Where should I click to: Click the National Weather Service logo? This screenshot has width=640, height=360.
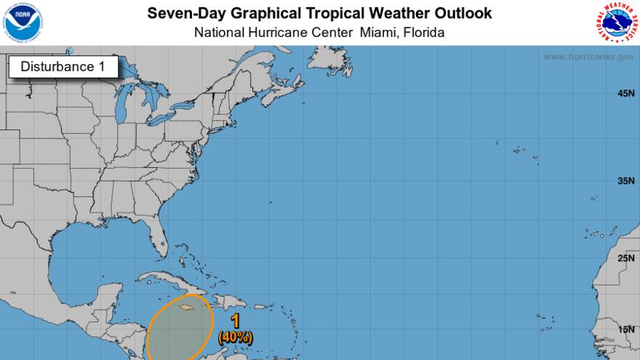tap(617, 22)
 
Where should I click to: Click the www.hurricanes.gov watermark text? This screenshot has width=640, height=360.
tap(589, 57)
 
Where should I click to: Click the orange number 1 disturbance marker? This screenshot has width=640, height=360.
tap(235, 321)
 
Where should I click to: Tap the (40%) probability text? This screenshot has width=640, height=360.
tap(235, 337)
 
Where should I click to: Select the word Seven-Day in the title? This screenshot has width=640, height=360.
tap(180, 13)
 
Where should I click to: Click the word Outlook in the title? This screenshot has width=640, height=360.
tap(464, 13)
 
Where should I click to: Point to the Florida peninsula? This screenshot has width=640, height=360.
tap(155, 236)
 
